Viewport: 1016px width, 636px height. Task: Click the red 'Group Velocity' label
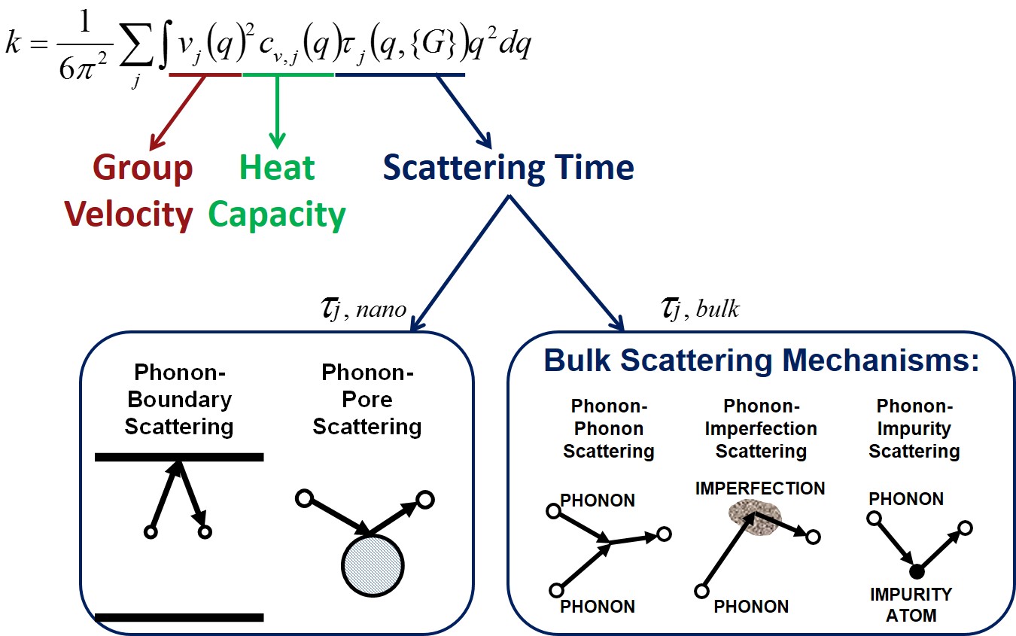point(129,191)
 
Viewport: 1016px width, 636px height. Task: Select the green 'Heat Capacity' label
point(277,191)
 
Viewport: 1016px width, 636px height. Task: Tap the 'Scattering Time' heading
point(509,167)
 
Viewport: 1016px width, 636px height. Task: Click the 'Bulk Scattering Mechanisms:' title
point(761,361)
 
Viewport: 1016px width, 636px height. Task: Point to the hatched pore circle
point(373,565)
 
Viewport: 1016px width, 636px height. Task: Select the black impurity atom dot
point(917,570)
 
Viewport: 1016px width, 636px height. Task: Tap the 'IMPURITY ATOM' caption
point(911,604)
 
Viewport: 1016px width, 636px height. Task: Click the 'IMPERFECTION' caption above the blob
point(760,488)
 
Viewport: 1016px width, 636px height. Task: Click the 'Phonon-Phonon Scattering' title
point(609,429)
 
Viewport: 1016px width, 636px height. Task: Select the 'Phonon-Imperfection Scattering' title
point(761,429)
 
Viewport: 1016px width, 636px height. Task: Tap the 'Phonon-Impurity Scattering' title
point(914,429)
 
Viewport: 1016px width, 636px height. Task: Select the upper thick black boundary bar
point(179,456)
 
